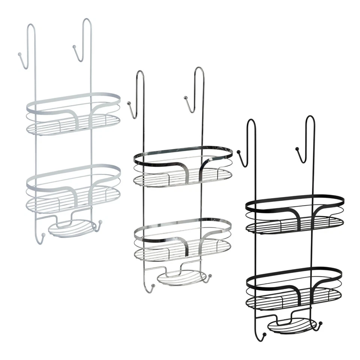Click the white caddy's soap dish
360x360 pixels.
click(x=71, y=228)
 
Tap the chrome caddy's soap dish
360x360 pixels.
click(x=181, y=277)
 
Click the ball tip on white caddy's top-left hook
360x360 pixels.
click(x=19, y=55)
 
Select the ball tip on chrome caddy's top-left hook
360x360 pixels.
click(x=129, y=102)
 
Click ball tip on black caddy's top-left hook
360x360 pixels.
click(x=238, y=151)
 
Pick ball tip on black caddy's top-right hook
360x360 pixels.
click(x=297, y=148)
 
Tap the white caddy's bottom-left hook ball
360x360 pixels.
click(x=43, y=235)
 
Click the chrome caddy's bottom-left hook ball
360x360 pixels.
click(x=153, y=287)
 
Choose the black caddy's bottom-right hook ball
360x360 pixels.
click(x=321, y=323)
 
